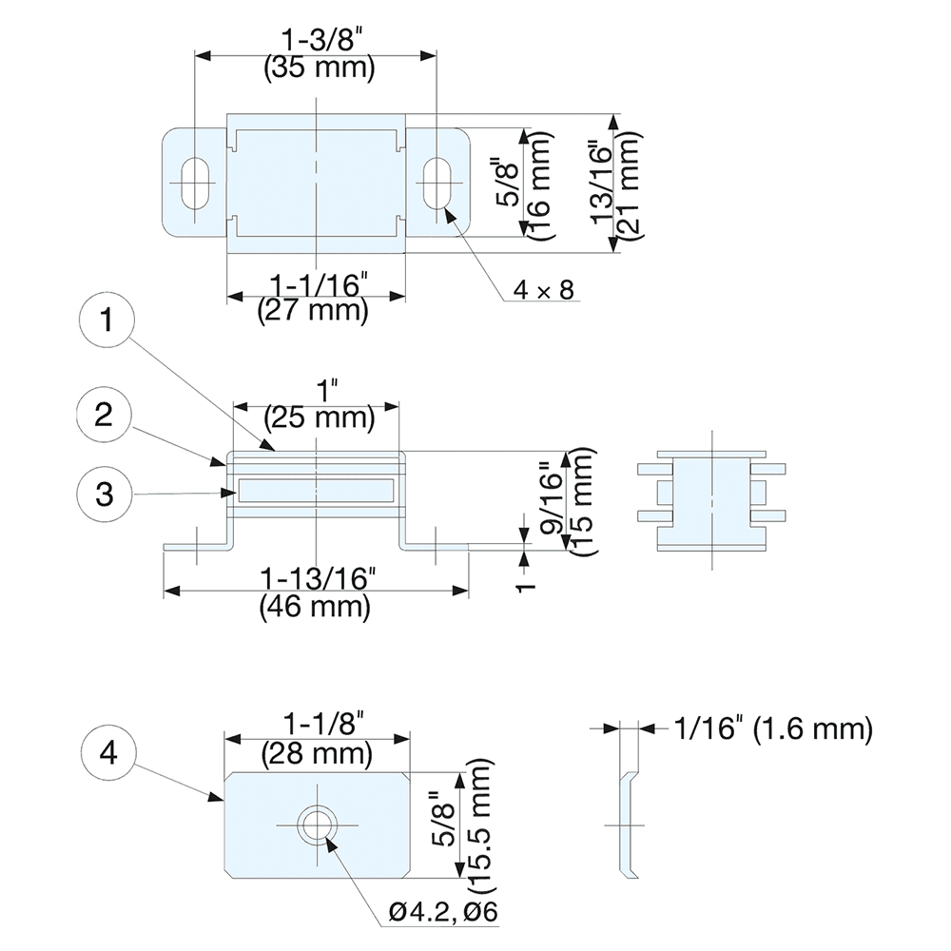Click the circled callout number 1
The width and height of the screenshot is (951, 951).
(107, 320)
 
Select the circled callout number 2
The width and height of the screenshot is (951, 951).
(104, 416)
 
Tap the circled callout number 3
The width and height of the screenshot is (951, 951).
(105, 494)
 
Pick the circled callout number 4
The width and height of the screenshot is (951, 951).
(108, 753)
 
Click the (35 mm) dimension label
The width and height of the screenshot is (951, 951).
(319, 68)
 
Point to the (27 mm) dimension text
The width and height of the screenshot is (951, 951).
(313, 311)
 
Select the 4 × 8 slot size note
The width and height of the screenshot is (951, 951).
(543, 290)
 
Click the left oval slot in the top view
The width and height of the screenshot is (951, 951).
(195, 183)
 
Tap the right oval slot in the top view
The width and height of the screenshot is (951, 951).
(437, 183)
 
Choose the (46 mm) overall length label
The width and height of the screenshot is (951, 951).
(315, 607)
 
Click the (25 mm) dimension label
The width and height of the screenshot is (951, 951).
(319, 417)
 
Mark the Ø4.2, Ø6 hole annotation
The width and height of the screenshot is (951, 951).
(443, 911)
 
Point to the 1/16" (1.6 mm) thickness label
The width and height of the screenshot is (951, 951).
(773, 728)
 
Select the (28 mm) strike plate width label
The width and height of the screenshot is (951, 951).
(317, 754)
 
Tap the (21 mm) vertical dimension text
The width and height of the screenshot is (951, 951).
(628, 183)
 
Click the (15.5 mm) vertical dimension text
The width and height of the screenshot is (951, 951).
(476, 825)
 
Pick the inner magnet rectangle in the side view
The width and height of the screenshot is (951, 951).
(316, 491)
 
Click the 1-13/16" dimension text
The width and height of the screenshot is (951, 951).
(319, 579)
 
